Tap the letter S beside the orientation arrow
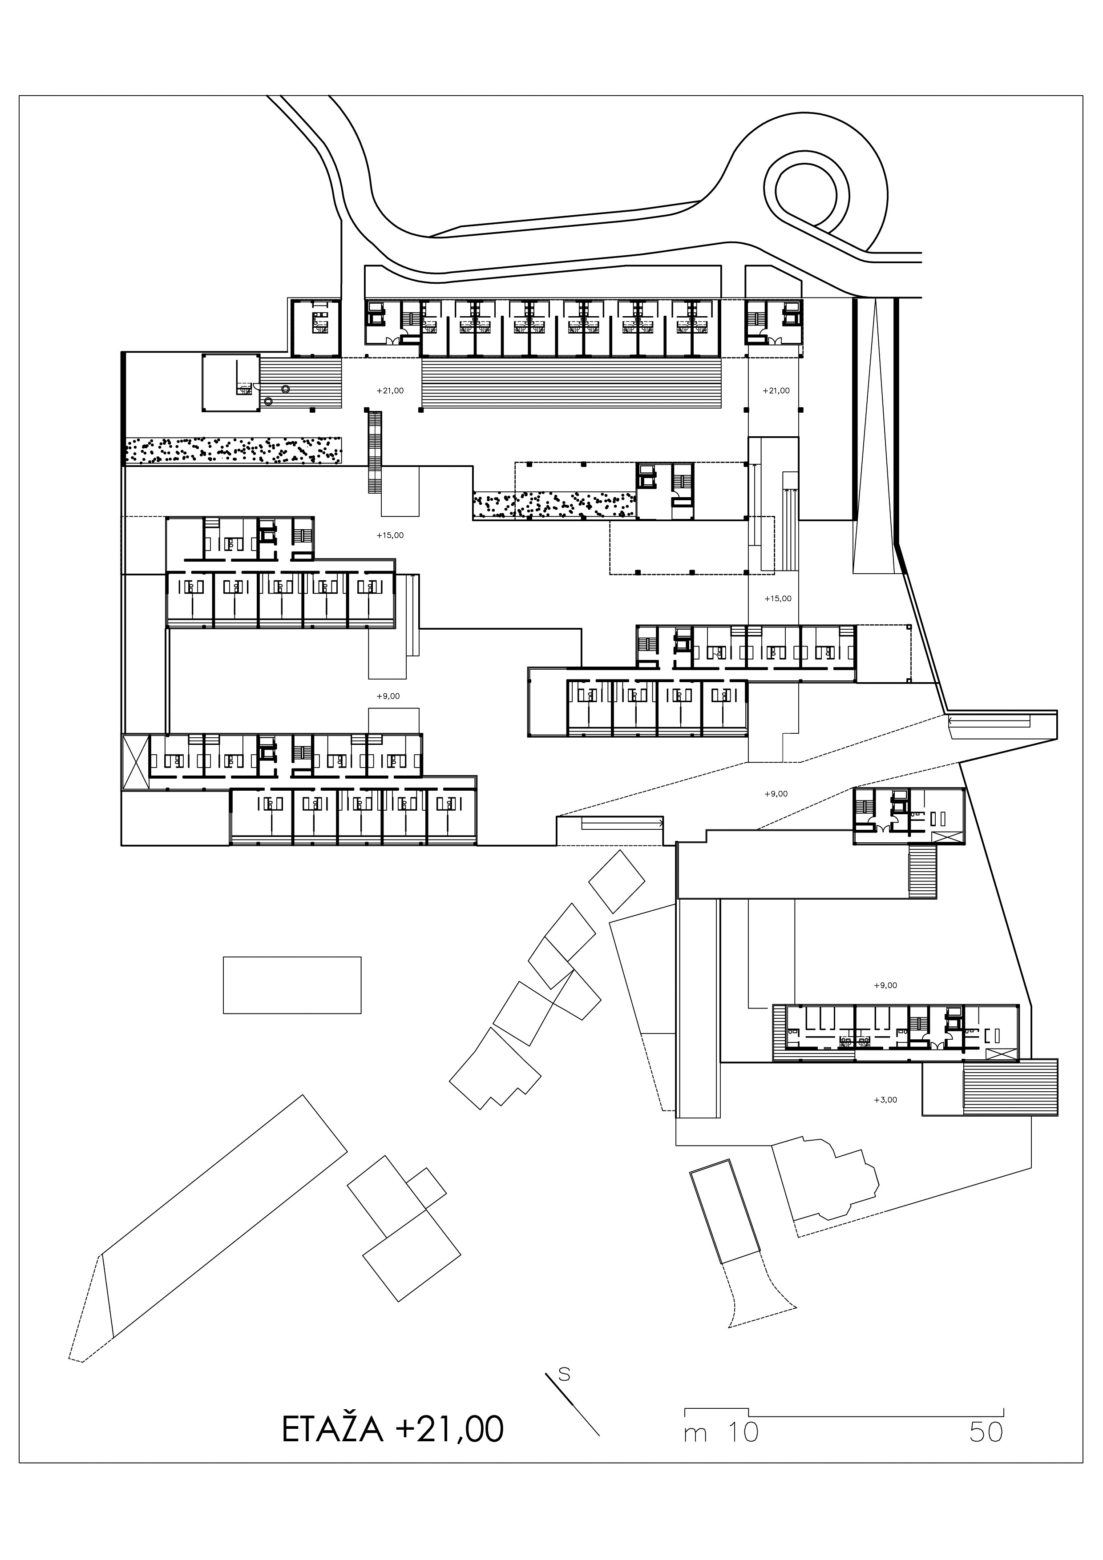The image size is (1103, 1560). pos(563,1374)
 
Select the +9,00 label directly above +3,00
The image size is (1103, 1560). pos(885,985)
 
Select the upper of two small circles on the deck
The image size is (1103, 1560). pos(286,389)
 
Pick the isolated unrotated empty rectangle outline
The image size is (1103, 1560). pos(292,985)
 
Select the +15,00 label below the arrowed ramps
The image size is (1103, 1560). pos(777,599)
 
